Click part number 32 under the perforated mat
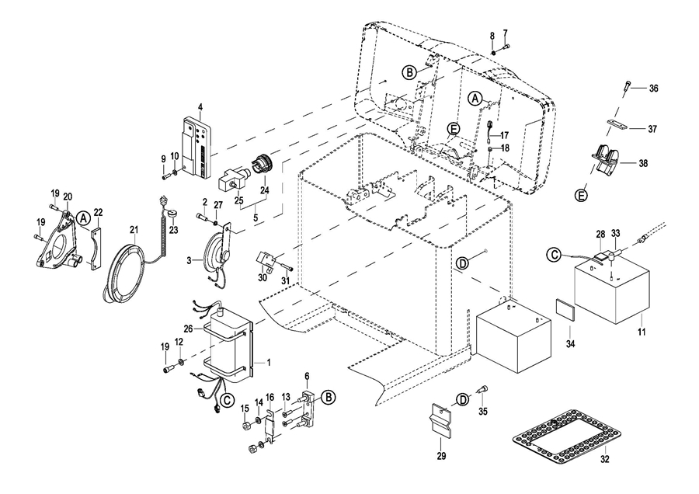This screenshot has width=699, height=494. (606, 458)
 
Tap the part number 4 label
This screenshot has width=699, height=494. (200, 106)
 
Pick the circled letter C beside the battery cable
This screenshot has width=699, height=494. (554, 254)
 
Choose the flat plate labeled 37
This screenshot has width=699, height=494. (615, 127)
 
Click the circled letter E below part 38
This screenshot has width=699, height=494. (582, 197)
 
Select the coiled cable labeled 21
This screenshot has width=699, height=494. (123, 272)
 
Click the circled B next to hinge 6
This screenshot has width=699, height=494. (329, 397)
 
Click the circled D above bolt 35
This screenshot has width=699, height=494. (462, 399)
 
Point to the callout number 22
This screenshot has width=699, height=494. (98, 212)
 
